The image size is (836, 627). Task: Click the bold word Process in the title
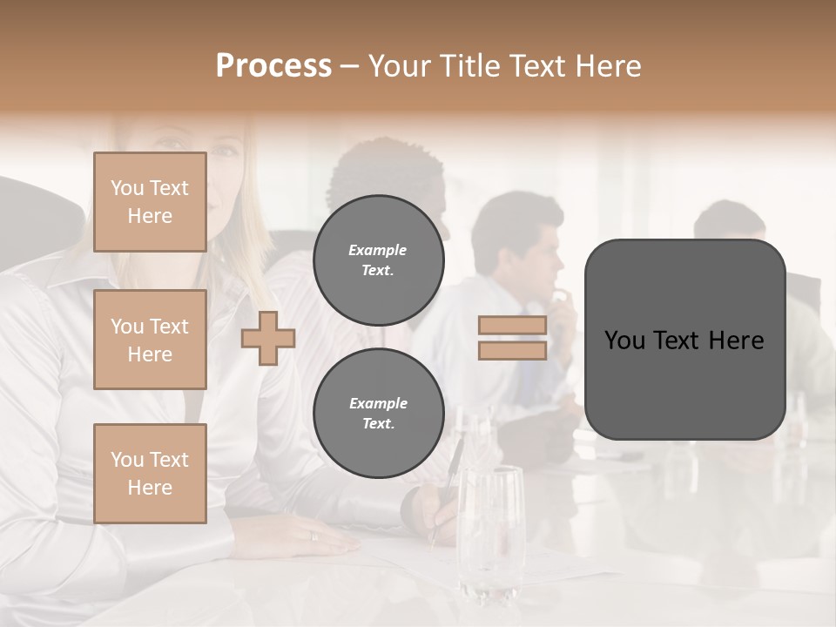273,66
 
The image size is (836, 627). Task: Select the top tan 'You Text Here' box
150,202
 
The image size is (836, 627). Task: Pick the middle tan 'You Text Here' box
150,340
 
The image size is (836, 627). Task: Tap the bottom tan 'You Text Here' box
150,473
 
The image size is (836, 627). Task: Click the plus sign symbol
268,338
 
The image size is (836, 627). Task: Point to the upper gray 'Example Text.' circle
378,260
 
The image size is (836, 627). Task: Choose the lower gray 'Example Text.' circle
378,413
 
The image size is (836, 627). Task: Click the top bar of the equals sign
512,326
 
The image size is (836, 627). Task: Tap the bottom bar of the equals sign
512,350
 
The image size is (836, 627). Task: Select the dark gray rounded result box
684,340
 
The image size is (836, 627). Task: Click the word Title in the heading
470,66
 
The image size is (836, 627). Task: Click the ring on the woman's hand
314,536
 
